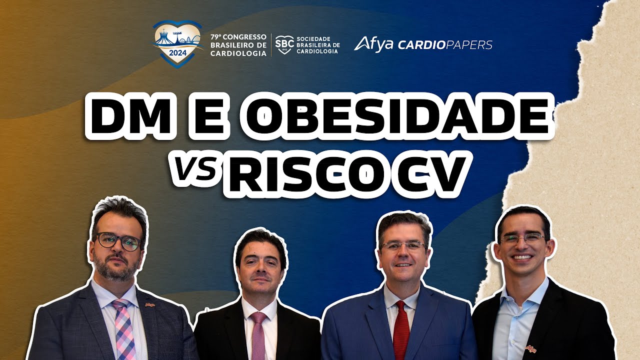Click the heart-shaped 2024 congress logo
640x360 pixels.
pyautogui.click(x=177, y=43)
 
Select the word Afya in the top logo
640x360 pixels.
pyautogui.click(x=373, y=44)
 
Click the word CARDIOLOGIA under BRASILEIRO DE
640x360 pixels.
pyautogui.click(x=238, y=53)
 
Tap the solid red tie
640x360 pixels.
pyautogui.click(x=400, y=330)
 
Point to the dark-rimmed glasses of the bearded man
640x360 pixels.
pyautogui.click(x=118, y=241)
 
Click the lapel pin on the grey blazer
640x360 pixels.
pyautogui.click(x=148, y=303)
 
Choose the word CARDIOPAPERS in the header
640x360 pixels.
pyautogui.click(x=445, y=45)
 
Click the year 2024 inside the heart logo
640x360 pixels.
pyautogui.click(x=177, y=53)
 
